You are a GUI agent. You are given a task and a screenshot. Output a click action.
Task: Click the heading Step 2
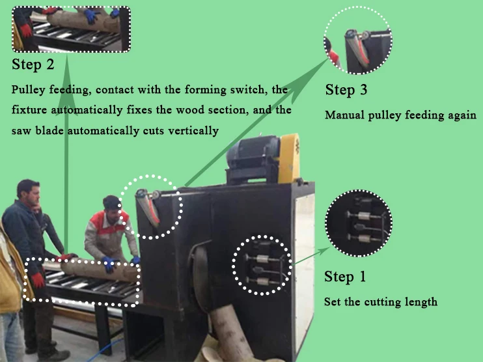[33, 64]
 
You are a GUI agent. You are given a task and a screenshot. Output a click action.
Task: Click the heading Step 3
[350, 90]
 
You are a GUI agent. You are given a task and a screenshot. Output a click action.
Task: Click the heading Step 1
[344, 277]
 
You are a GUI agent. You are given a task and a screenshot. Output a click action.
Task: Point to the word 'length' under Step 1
[421, 302]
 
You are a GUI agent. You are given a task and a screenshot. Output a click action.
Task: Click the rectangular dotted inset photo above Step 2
[71, 29]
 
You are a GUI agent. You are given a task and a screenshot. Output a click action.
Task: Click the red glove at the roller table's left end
[38, 281]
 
